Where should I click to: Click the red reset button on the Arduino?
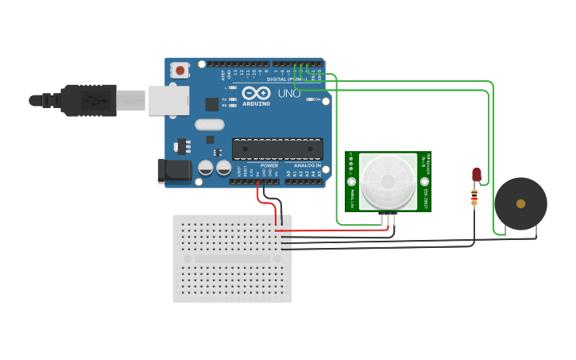(180, 71)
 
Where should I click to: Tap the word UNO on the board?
(289, 94)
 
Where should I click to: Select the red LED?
(476, 174)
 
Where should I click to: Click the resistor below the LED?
(474, 196)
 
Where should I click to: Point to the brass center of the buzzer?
(520, 203)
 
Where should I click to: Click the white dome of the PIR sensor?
(388, 181)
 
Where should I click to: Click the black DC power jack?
(174, 171)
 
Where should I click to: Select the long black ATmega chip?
(277, 149)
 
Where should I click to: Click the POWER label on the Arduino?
(269, 165)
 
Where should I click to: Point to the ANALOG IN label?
(307, 165)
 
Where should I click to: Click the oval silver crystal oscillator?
(210, 124)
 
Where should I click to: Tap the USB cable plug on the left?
(87, 101)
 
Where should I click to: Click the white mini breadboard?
(232, 258)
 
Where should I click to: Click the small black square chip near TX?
(212, 104)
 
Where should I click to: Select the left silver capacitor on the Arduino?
(206, 168)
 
